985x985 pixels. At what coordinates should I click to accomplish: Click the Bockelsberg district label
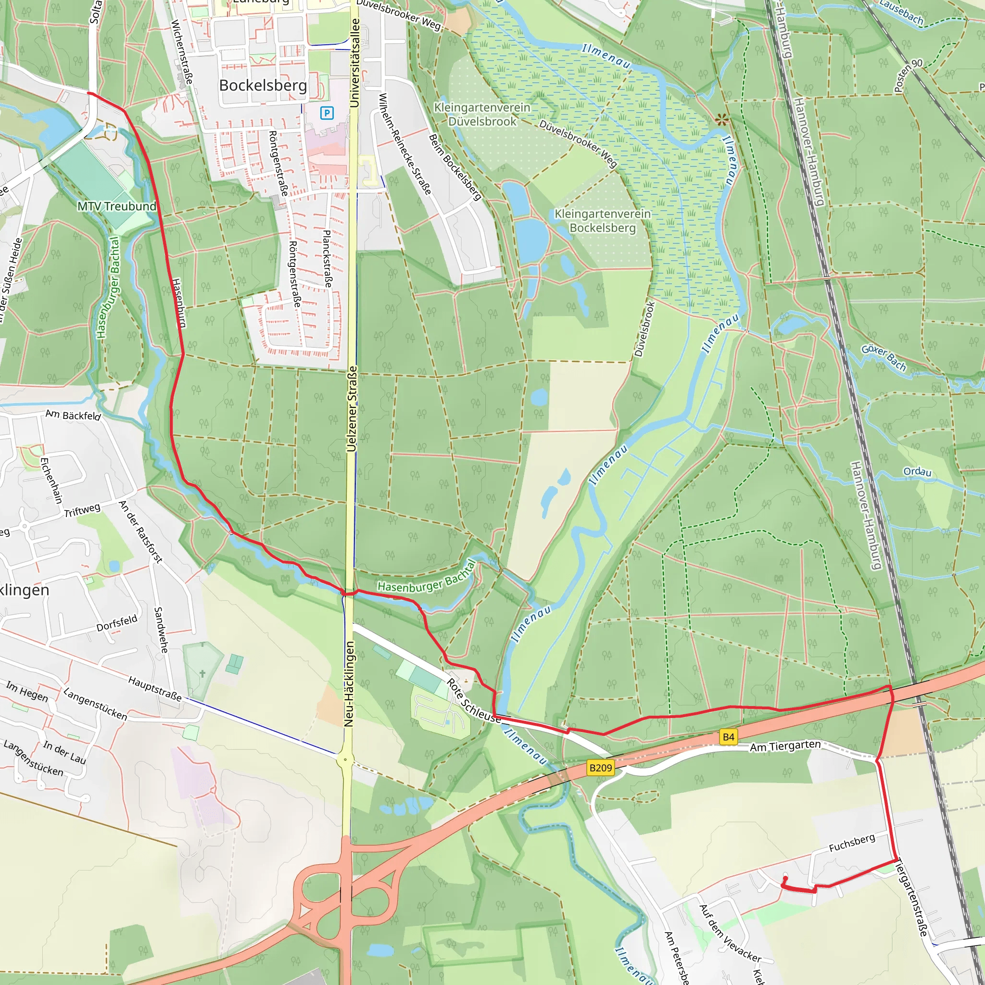[x=263, y=86]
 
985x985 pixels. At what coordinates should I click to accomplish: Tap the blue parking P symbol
[x=327, y=113]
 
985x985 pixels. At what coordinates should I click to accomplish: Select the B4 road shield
[x=729, y=737]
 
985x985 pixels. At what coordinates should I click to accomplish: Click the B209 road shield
[x=600, y=768]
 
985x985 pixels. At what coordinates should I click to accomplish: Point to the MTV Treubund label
[x=117, y=206]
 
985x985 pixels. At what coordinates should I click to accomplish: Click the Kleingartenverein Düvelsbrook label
[x=482, y=114]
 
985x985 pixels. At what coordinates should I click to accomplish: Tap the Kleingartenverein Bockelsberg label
[x=603, y=221]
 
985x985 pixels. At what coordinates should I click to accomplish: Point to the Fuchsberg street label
[x=851, y=843]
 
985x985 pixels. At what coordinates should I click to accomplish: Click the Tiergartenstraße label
[x=911, y=898]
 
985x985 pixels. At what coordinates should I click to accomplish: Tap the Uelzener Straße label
[x=352, y=409]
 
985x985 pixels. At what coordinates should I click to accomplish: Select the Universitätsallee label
[x=355, y=63]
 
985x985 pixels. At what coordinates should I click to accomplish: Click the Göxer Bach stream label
[x=884, y=358]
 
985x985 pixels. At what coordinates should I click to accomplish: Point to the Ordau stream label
[x=917, y=472]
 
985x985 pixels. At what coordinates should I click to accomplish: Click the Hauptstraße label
[x=154, y=689]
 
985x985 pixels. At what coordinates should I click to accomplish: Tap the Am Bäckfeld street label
[x=74, y=416]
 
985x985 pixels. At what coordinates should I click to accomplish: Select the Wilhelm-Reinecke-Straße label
[x=405, y=144]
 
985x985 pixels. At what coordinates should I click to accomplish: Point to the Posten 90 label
[x=908, y=76]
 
